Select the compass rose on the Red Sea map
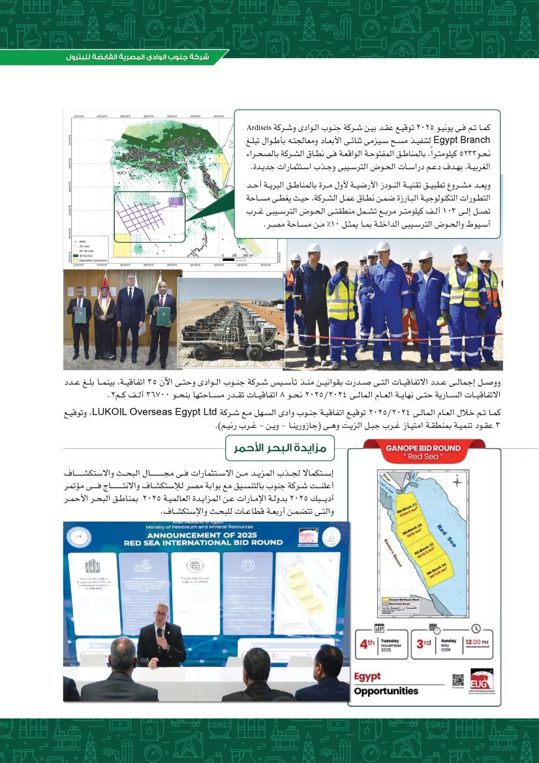(x=458, y=482)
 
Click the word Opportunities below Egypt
(x=386, y=691)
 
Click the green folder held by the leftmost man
(x=78, y=315)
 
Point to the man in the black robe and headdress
(x=104, y=307)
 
